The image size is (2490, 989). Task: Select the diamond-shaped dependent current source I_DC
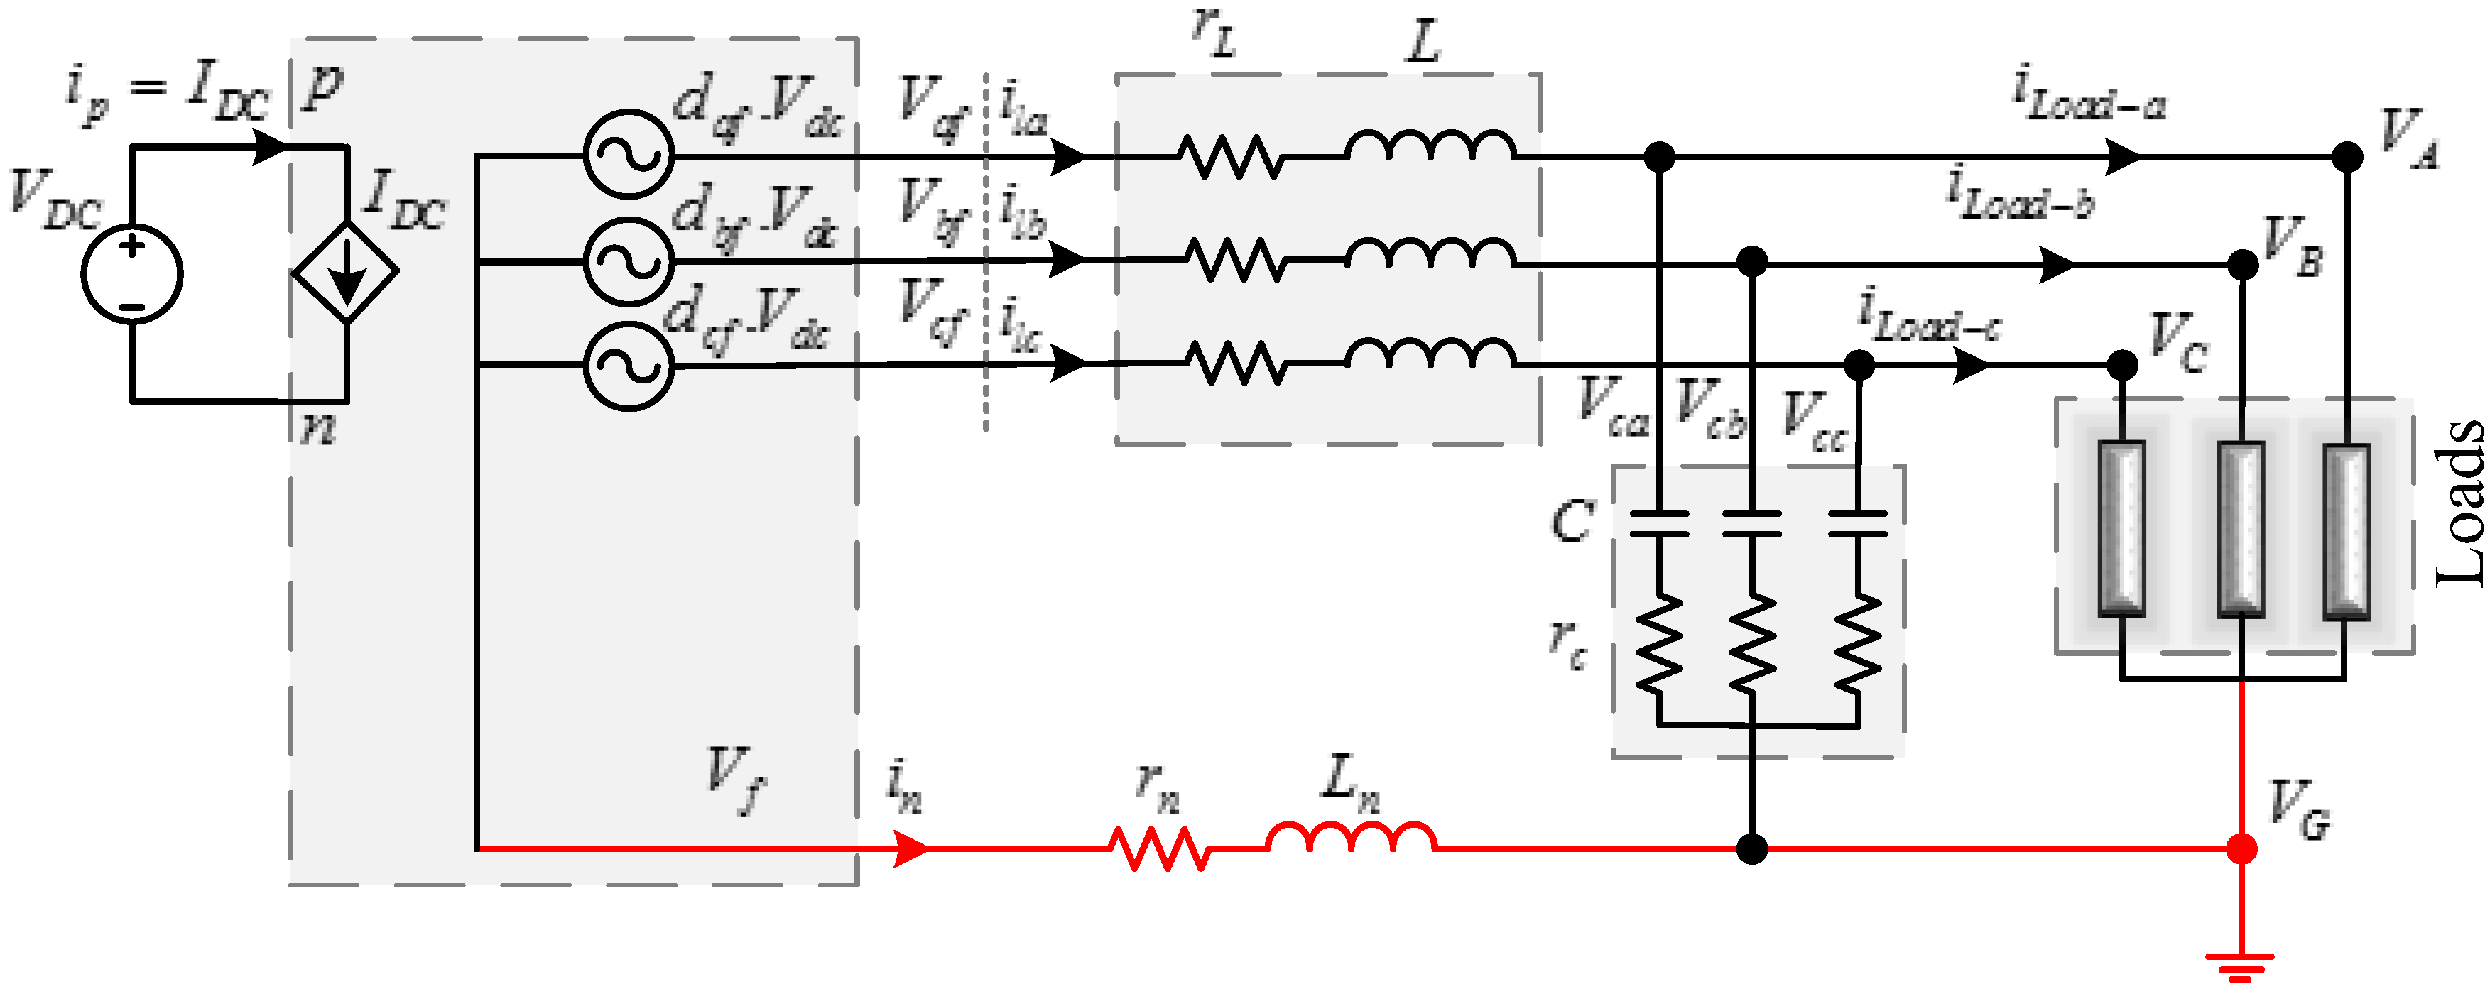tap(346, 272)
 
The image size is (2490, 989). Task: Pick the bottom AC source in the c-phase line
tap(629, 366)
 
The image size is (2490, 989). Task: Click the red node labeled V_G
tap(2241, 849)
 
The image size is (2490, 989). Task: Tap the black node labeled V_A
tap(2347, 157)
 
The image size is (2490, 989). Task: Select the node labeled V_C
tap(2121, 364)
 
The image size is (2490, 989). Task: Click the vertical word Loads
tap(2459, 503)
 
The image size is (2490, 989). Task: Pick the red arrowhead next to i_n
tap(910, 849)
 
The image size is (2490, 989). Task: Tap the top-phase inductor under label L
tap(1430, 147)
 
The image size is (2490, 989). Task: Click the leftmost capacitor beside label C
tap(1659, 523)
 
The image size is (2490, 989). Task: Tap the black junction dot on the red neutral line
tap(1751, 849)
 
